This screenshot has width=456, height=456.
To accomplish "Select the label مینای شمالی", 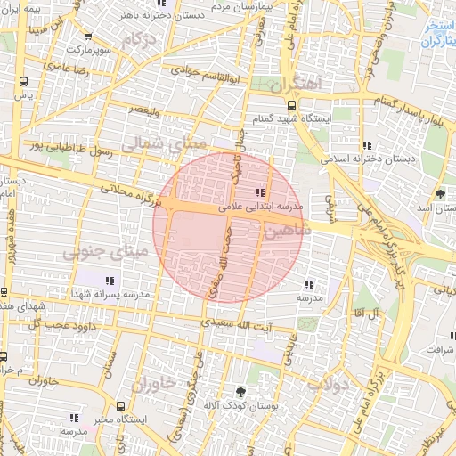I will point(163,142).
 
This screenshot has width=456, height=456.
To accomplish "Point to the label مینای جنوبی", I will point(98,253).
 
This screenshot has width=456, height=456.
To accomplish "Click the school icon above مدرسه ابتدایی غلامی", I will point(260,192).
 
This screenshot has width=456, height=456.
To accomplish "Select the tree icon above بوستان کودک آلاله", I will point(240,391).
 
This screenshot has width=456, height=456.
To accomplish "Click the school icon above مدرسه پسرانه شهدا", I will point(110,281).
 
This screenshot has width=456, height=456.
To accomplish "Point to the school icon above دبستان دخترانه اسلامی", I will point(366,145).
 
